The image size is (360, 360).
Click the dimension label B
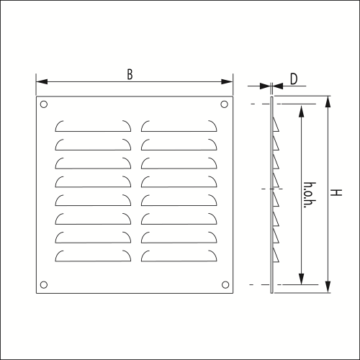tap(130, 74)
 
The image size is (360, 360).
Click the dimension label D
tap(294, 79)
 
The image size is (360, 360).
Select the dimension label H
tap(336, 192)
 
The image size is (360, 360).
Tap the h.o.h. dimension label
tap(310, 194)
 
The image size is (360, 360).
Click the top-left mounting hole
tap(44, 104)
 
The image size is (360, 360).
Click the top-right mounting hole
tap(224, 104)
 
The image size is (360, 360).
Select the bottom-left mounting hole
tap(44, 285)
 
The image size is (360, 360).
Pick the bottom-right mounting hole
tap(225, 285)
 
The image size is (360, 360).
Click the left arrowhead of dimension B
tap(42, 82)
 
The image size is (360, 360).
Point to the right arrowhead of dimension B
tap(227, 82)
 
